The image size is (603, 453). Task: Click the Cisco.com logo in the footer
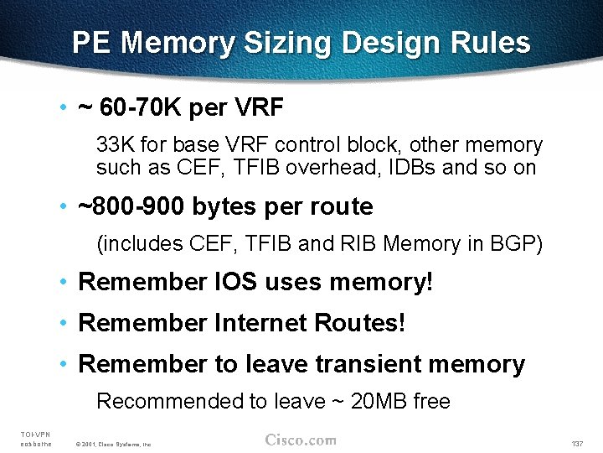301,440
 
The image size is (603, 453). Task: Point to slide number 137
576,443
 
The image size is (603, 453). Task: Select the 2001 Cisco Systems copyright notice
112,444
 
